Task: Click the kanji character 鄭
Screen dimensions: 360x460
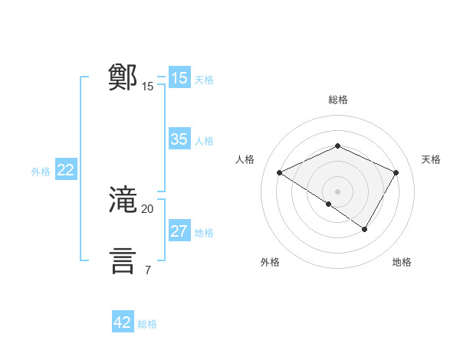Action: click(123, 77)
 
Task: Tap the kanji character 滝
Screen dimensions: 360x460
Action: click(123, 200)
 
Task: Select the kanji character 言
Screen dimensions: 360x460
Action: click(123, 260)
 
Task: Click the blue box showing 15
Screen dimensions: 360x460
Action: click(179, 78)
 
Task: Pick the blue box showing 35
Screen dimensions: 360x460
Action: click(179, 139)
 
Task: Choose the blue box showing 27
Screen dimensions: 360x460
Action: click(179, 231)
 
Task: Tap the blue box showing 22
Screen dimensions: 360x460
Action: click(65, 171)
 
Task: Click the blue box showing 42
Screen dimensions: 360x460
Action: click(123, 322)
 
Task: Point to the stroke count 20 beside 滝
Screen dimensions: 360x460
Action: click(148, 208)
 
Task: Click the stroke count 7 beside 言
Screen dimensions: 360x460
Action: click(148, 270)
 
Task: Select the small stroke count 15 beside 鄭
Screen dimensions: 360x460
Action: click(148, 87)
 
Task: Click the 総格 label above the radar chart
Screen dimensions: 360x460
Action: click(338, 100)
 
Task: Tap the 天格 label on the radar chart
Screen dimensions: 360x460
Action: click(431, 159)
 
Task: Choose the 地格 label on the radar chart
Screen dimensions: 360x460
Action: click(402, 262)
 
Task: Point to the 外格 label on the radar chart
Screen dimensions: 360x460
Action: click(270, 262)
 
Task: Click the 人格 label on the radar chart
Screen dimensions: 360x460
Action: click(245, 159)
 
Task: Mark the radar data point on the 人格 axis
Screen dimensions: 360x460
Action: click(280, 172)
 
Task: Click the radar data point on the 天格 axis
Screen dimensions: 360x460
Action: click(396, 172)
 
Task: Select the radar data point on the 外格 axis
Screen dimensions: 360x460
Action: click(329, 204)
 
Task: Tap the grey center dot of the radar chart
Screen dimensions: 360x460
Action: click(338, 191)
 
